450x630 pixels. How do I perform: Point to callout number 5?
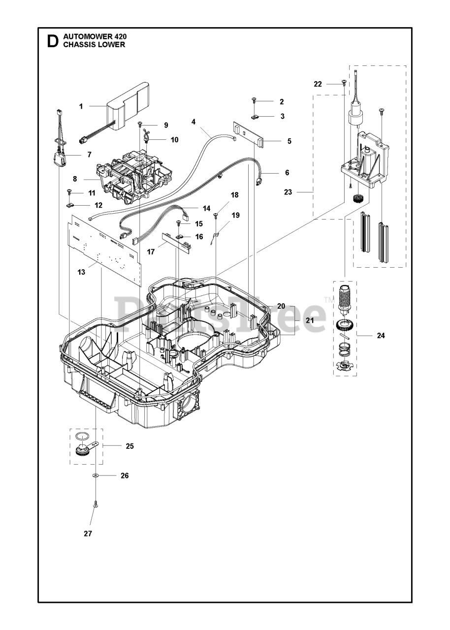click(289, 141)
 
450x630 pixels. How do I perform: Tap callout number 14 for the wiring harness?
click(206, 208)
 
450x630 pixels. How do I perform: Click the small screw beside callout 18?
click(216, 214)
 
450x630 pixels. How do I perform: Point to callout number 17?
click(151, 252)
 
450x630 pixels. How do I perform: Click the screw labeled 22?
click(343, 84)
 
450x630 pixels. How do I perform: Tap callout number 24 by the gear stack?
click(381, 336)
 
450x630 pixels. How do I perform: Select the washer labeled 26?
click(95, 476)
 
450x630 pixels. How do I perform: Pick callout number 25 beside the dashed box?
click(129, 446)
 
